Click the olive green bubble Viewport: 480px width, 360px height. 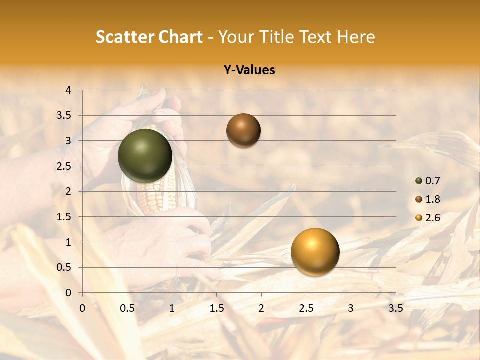tap(145, 156)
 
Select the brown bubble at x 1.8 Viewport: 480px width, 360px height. tap(243, 130)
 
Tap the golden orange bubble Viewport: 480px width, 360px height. tap(315, 252)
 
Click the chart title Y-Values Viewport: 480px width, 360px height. tap(249, 70)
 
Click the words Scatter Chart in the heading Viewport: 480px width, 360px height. tap(149, 37)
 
